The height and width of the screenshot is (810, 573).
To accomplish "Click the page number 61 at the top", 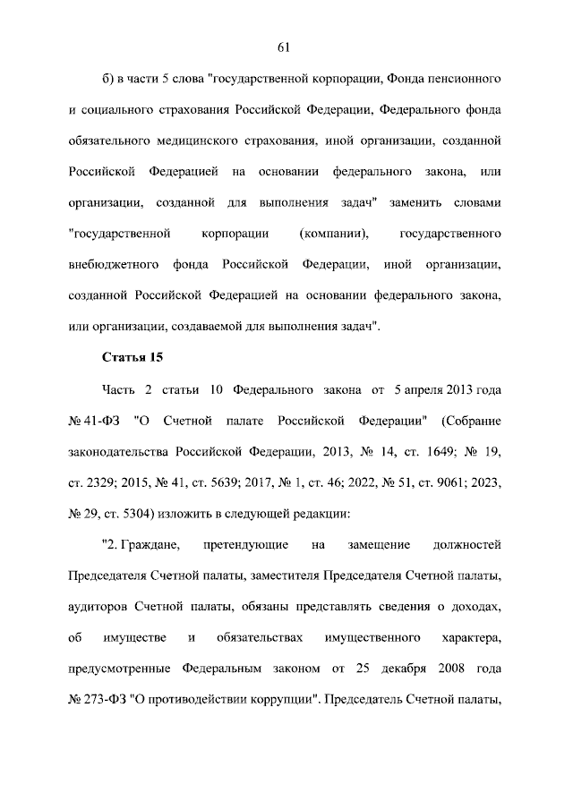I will point(286,47).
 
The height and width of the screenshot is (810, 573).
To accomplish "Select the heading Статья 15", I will point(128,358).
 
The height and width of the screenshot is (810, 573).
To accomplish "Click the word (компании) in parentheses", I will point(334,234).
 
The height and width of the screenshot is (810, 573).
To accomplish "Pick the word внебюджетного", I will point(115,265).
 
